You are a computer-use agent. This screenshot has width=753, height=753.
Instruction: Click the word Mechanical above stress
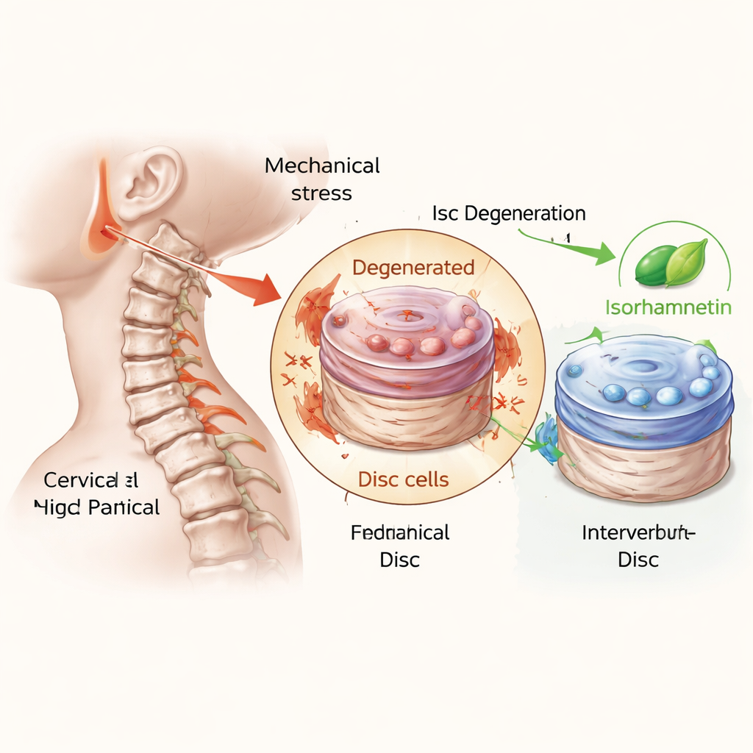coord(322,165)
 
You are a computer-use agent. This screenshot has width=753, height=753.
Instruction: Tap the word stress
coord(321,193)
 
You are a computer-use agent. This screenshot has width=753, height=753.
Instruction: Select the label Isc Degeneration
coord(509,213)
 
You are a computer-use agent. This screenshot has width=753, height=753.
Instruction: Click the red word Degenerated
coord(413,268)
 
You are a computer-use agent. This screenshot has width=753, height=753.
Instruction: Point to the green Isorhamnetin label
coord(668,307)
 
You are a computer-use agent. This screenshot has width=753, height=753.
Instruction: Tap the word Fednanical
coord(400,532)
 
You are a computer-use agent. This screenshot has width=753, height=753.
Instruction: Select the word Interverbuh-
coord(638,532)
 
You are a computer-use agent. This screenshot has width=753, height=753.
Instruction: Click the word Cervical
coord(80,480)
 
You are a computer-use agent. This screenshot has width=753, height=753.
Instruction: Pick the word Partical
coord(126,507)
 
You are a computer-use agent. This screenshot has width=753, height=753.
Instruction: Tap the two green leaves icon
coord(671,265)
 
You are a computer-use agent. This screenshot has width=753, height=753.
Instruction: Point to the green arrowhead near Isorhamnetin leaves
coord(604,254)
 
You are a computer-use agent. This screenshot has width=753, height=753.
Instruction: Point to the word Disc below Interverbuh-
coord(638,560)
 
